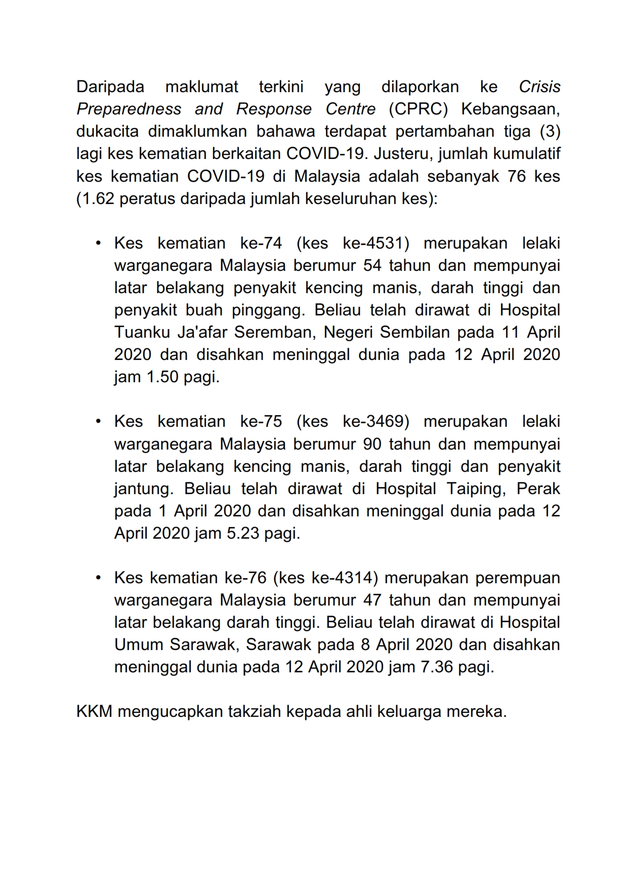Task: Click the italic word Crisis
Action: [x=539, y=87]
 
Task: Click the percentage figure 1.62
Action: [x=96, y=198]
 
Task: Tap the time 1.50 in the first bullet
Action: [x=162, y=377]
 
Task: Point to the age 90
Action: [x=373, y=443]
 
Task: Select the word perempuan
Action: [x=518, y=578]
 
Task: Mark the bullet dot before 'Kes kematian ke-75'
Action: [x=99, y=421]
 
